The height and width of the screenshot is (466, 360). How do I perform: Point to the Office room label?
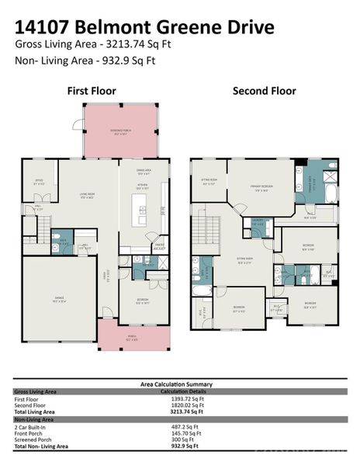[x=38, y=182]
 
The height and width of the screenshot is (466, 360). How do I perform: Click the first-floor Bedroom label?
[x=142, y=302]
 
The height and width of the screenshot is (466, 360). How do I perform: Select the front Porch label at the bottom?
[x=133, y=337]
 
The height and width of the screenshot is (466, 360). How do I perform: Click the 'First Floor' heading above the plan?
[x=92, y=91]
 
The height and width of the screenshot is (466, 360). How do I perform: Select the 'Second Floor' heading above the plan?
[x=264, y=91]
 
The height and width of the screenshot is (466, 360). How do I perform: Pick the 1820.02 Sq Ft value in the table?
[x=186, y=405]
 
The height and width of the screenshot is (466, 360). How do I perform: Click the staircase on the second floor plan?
[x=208, y=231]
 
